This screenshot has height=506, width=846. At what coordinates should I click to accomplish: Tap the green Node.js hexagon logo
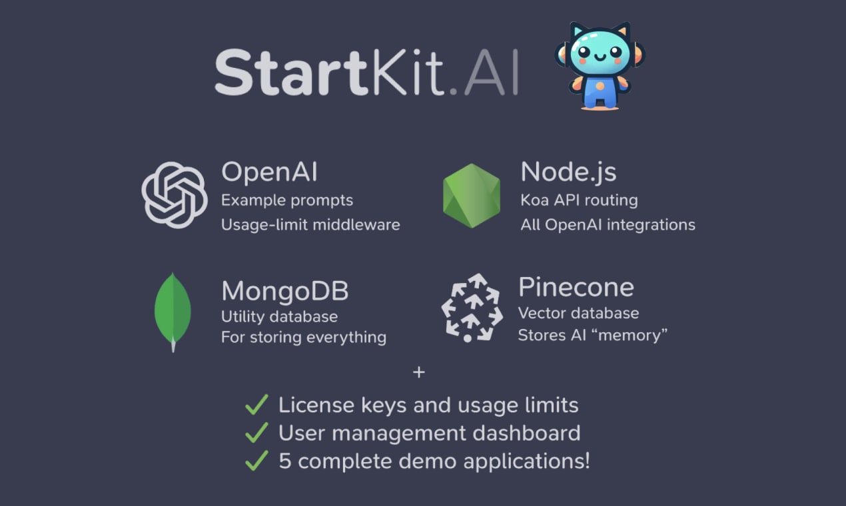click(x=471, y=196)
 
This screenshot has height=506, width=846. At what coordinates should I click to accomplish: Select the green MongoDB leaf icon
click(x=173, y=310)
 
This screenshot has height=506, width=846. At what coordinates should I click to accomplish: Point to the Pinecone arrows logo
click(x=472, y=308)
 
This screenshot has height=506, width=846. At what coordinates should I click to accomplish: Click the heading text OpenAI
click(x=269, y=172)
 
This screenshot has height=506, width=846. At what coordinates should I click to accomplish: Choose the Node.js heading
click(x=568, y=172)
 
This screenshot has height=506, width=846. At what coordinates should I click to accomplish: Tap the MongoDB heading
click(x=284, y=291)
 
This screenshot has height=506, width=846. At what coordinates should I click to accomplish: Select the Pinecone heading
click(x=576, y=287)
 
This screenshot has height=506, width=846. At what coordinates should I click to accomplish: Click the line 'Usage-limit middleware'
click(x=310, y=224)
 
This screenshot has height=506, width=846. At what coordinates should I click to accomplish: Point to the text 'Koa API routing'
click(x=579, y=200)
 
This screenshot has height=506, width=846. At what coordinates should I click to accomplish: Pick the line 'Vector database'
click(x=578, y=313)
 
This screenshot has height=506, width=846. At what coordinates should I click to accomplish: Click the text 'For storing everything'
click(x=303, y=337)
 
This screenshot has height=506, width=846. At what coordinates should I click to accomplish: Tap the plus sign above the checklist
click(x=418, y=372)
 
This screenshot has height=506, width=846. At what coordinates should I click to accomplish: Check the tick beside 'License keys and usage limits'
click(x=256, y=404)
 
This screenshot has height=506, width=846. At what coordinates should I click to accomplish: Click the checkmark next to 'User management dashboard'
click(x=256, y=433)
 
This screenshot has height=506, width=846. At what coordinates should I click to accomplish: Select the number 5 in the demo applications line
click(x=285, y=461)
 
